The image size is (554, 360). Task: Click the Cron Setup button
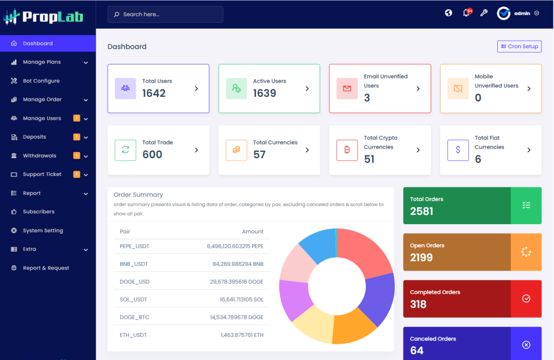tap(519, 47)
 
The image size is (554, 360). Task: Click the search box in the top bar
tap(165, 15)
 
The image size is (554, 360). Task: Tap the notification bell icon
tap(466, 14)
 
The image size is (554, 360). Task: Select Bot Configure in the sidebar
tap(41, 81)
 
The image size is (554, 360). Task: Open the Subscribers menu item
tap(38, 212)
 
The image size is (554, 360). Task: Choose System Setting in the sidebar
tap(43, 231)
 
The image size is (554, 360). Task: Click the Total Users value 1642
tap(154, 93)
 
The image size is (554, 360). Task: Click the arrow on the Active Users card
tap(307, 88)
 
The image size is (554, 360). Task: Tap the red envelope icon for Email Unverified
tap(347, 88)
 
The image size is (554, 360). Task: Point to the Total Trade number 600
tap(152, 155)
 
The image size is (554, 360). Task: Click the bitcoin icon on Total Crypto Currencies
tap(347, 150)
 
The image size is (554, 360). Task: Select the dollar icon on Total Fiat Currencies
tap(458, 150)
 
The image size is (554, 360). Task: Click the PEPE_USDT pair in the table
tap(134, 246)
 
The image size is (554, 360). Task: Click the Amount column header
tap(252, 232)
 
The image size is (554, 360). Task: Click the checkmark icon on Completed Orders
tap(526, 299)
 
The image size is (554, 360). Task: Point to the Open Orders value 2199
tap(421, 258)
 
